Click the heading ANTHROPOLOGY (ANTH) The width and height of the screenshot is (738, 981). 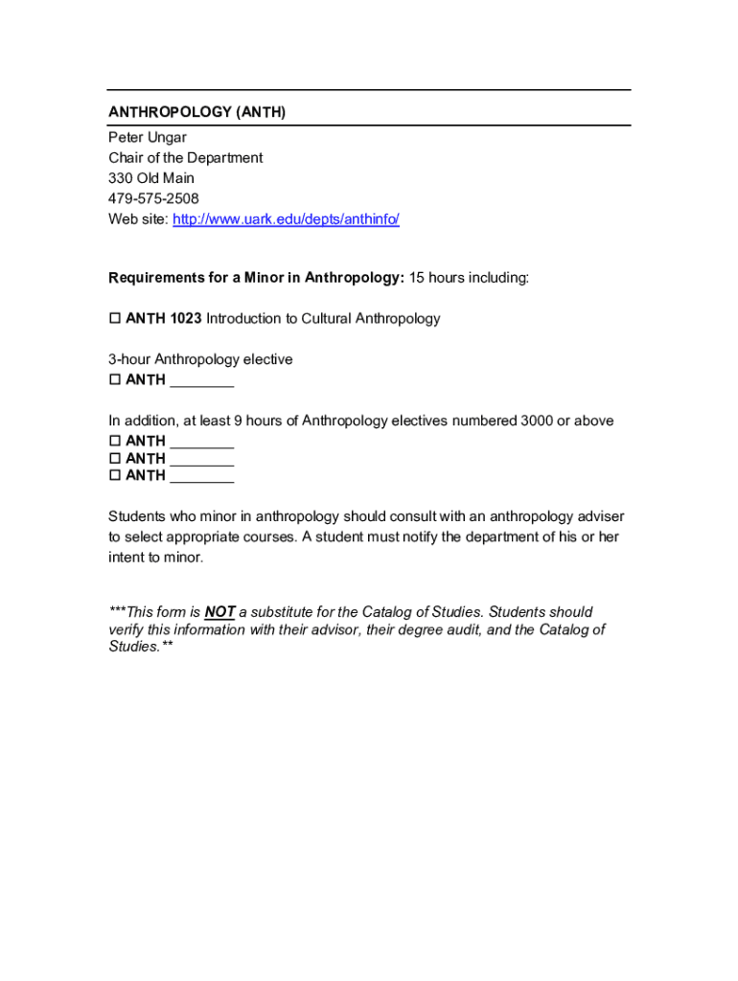coord(196,112)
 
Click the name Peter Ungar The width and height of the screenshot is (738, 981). coord(148,137)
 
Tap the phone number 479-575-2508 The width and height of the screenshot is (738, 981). coord(153,198)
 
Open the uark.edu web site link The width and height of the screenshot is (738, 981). coord(286,219)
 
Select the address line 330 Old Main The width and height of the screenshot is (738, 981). coord(150,178)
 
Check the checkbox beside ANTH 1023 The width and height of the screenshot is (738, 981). coord(115,318)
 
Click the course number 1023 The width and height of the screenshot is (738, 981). coord(186,318)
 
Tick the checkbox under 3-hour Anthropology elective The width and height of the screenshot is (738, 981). coord(115,380)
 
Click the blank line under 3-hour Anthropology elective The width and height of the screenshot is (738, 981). coord(201,380)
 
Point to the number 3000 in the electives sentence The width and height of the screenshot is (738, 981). coord(538,421)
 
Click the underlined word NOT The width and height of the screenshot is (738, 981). coord(219,612)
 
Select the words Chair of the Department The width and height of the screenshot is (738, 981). coord(185,157)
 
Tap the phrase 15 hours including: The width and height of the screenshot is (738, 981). coord(469,278)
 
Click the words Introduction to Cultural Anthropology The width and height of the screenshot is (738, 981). coord(323,318)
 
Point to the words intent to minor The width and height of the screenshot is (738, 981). coord(155,557)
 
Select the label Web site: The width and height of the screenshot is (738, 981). coord(138,219)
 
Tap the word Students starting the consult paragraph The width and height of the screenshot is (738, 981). coord(136,516)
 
